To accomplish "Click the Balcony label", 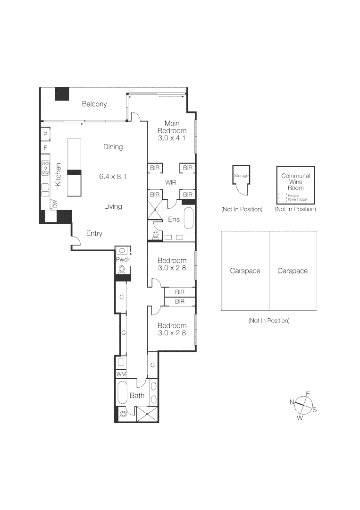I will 94,104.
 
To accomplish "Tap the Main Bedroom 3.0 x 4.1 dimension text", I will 172,138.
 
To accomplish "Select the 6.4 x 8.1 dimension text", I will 113,177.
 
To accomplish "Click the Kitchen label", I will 59,175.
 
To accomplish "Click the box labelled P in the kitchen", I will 46,135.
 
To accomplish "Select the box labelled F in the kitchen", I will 46,148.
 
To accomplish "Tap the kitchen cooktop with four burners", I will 45,168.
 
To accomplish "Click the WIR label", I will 171,182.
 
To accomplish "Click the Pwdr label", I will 122,260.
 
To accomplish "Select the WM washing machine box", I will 121,374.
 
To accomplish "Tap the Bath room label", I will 137,395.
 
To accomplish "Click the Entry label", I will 94,233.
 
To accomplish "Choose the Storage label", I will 241,176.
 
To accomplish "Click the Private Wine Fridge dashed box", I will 282,198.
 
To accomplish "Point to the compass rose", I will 303,406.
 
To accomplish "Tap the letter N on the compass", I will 292,402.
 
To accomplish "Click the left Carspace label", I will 245,271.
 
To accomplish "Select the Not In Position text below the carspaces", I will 268,321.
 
